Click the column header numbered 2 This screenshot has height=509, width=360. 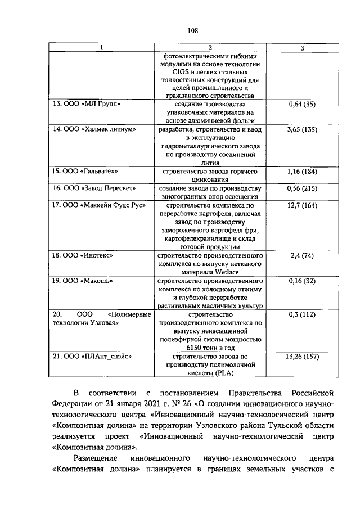(x=209, y=48)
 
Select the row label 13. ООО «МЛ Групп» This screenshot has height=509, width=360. (x=87, y=104)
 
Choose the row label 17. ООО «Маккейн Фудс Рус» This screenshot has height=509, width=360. (x=99, y=205)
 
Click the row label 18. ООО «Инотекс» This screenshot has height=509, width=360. (x=83, y=255)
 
